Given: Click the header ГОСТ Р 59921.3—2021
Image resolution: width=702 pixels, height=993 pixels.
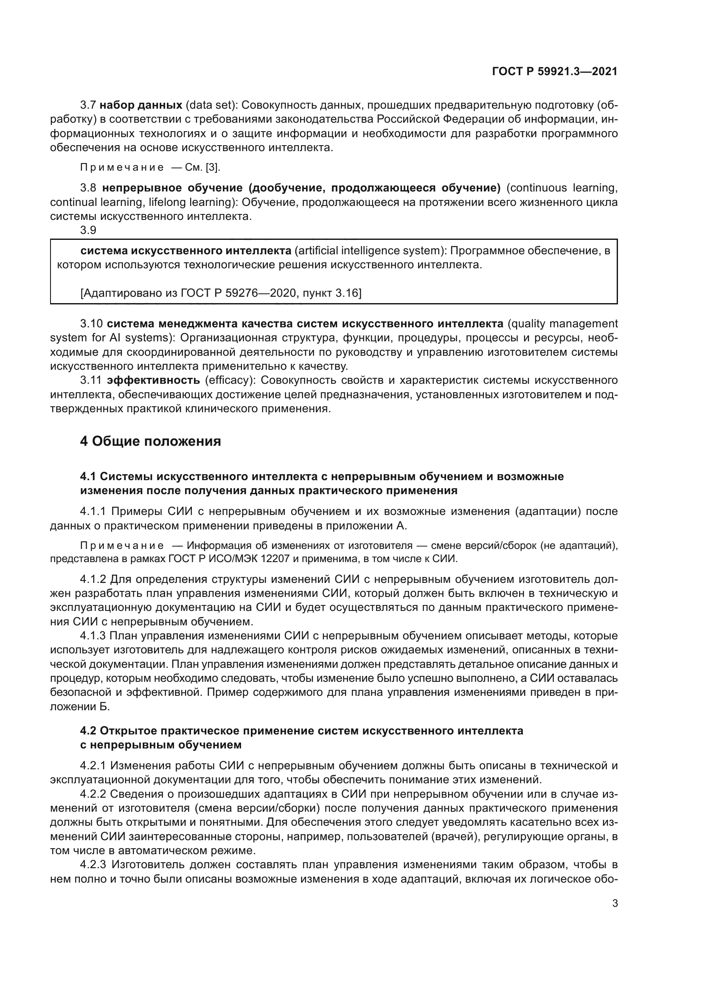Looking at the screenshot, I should click(554, 71).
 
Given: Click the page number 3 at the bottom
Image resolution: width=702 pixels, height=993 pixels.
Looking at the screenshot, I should click(615, 903).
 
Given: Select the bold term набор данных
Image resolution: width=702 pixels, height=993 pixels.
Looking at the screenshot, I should click(141, 105).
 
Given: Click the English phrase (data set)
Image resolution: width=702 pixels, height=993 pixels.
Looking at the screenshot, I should click(209, 105).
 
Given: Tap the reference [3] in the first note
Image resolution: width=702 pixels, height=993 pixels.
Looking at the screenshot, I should click(213, 168).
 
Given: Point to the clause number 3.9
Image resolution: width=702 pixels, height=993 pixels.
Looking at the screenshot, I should click(88, 230).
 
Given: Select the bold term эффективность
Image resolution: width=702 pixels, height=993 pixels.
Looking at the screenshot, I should click(154, 380).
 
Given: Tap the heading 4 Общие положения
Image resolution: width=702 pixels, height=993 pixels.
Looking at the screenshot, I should click(150, 441).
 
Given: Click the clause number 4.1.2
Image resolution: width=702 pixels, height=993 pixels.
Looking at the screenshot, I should click(93, 579).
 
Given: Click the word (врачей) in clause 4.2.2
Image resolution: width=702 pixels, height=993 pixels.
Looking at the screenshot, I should click(453, 836).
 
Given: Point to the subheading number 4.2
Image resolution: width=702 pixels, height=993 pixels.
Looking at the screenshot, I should click(88, 731).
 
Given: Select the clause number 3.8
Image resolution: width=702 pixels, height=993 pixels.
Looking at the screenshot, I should click(88, 188).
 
